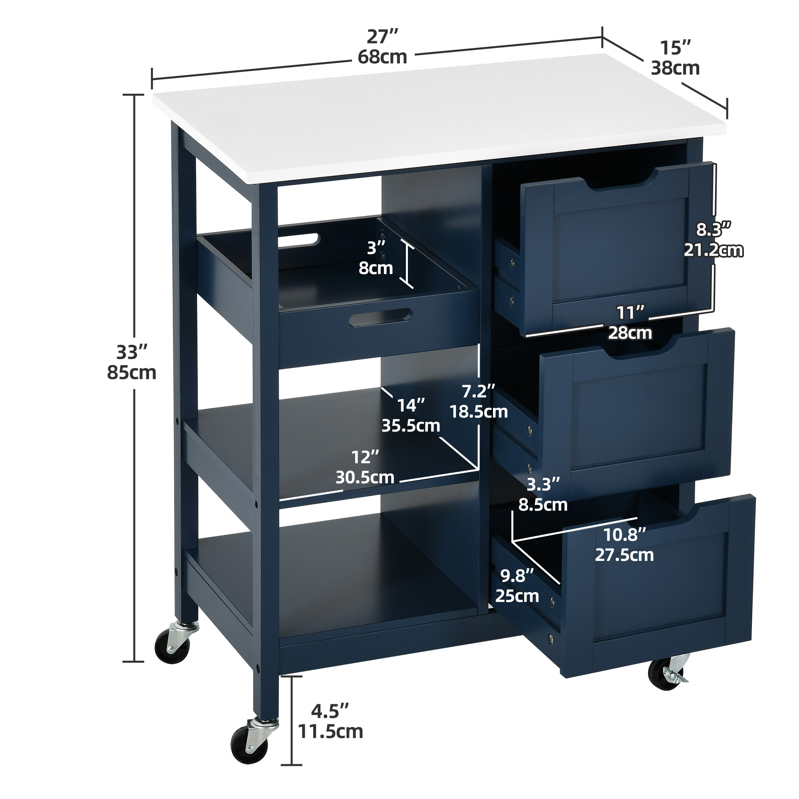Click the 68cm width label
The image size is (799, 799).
[383, 57]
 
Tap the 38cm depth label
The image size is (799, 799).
[675, 68]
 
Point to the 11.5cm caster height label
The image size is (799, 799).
[330, 731]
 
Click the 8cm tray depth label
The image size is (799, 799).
[376, 268]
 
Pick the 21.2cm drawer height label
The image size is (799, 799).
[713, 250]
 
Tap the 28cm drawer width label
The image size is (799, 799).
[630, 332]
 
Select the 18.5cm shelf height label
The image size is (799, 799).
[479, 411]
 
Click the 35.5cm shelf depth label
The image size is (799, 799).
[411, 425]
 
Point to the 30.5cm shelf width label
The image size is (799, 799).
[364, 477]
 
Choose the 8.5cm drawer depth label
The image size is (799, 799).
[543, 505]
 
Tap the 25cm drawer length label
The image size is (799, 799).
[517, 596]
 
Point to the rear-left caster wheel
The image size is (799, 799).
[173, 646]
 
